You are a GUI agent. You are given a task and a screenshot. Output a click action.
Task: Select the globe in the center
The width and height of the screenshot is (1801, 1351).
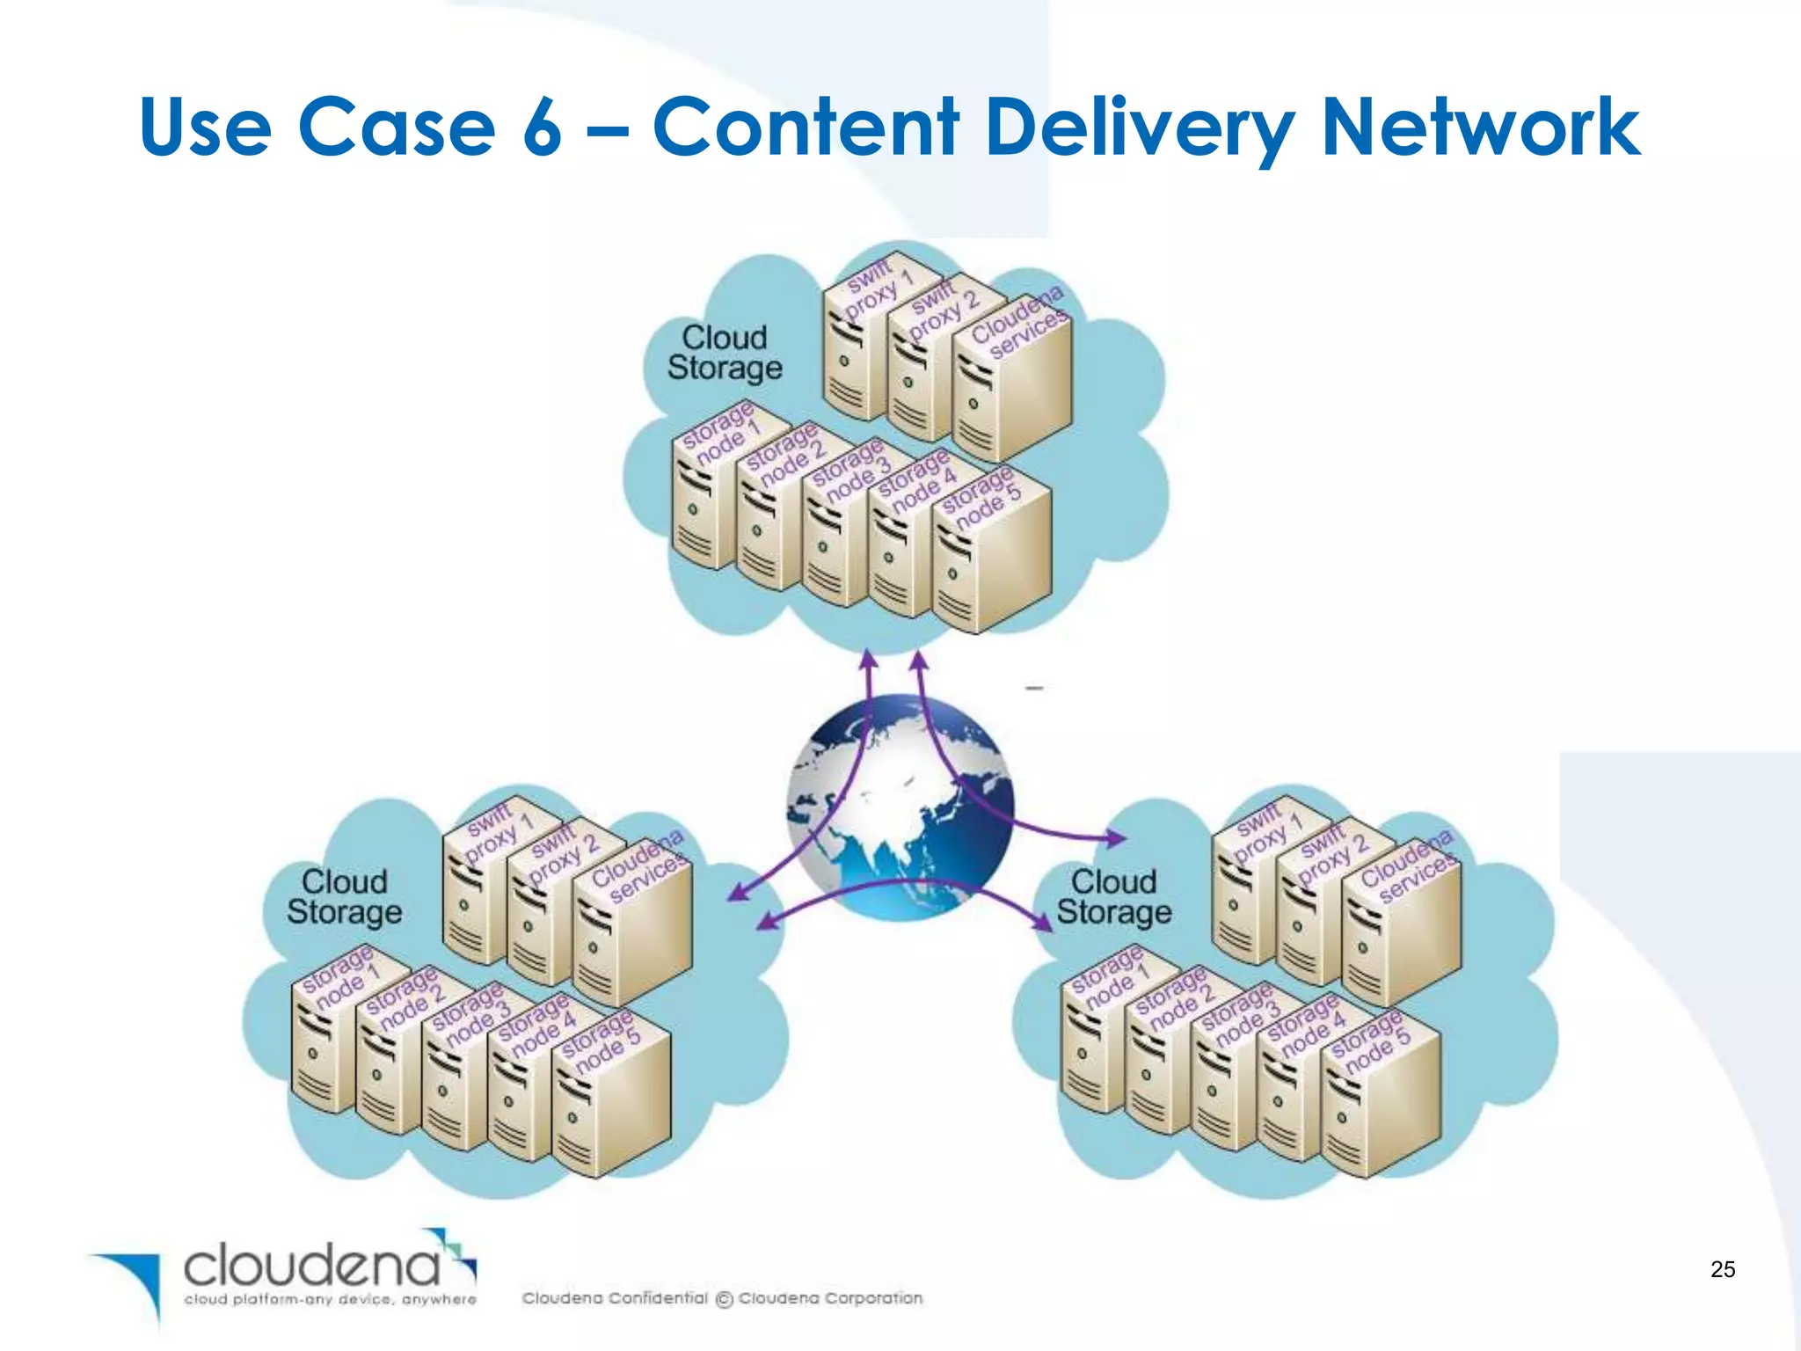(x=900, y=807)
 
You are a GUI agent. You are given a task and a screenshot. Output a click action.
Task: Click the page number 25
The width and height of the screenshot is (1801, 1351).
(x=1722, y=1269)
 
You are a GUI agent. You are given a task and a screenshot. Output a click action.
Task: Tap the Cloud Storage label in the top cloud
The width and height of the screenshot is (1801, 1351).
(x=724, y=353)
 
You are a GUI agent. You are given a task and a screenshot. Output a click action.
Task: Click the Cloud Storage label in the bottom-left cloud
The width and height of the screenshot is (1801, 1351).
(x=344, y=897)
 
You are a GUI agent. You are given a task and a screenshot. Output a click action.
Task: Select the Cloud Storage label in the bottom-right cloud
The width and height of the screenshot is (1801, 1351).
(x=1113, y=897)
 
